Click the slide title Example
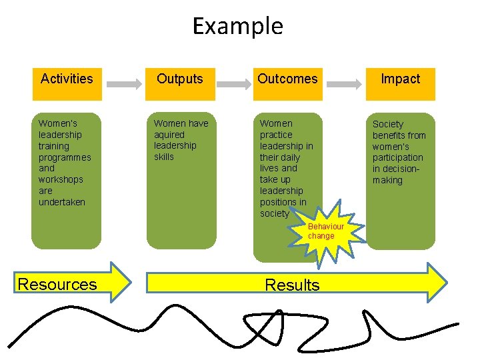tap(238, 27)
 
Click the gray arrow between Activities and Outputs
tap(123, 85)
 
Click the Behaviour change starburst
tap(327, 231)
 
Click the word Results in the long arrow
tap(292, 285)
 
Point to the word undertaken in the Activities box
tap(62, 202)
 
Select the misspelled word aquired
tap(169, 135)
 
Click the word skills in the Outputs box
tap(164, 157)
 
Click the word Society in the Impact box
tap(388, 124)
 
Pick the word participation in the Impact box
tap(398, 158)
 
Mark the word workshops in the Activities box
tap(61, 180)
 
